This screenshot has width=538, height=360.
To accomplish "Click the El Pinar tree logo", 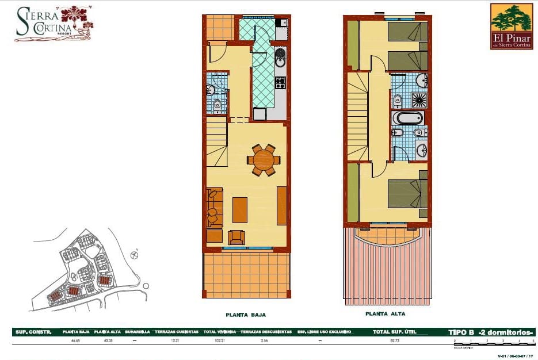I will (512, 26).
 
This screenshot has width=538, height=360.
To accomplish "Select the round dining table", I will (264, 159).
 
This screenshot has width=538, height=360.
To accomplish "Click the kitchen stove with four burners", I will (280, 83).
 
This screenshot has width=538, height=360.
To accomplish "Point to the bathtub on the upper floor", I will (407, 118).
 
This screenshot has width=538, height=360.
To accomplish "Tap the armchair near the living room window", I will (236, 237).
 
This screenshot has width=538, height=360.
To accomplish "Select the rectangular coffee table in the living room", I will (240, 210).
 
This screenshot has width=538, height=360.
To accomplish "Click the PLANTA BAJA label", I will (246, 315).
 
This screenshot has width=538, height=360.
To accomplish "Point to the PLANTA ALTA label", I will (385, 314).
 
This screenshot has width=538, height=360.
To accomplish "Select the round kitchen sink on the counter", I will (280, 54).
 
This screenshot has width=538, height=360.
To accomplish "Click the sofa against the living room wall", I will (213, 207).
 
